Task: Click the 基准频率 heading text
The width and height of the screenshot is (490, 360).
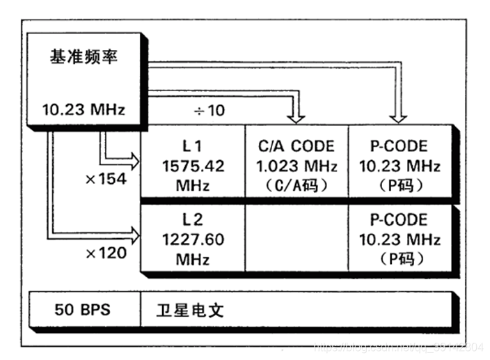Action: (x=84, y=56)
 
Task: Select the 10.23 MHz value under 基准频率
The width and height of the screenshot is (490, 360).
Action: (x=83, y=109)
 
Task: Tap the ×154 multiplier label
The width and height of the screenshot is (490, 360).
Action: (x=106, y=179)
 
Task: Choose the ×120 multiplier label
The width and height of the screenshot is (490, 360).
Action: (x=106, y=253)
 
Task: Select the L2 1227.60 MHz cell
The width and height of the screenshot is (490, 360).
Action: (x=193, y=239)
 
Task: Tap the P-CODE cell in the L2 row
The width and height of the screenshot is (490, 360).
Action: (x=400, y=239)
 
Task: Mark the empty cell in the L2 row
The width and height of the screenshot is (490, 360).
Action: (x=297, y=239)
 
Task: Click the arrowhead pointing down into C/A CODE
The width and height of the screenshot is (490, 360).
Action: (x=297, y=116)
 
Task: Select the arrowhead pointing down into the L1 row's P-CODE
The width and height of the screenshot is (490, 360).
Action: (x=400, y=116)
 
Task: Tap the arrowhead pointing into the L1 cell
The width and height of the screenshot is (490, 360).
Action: (x=132, y=157)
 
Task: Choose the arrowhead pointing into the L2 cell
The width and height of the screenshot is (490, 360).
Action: (x=132, y=230)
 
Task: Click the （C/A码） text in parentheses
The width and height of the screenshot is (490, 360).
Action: (x=297, y=186)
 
